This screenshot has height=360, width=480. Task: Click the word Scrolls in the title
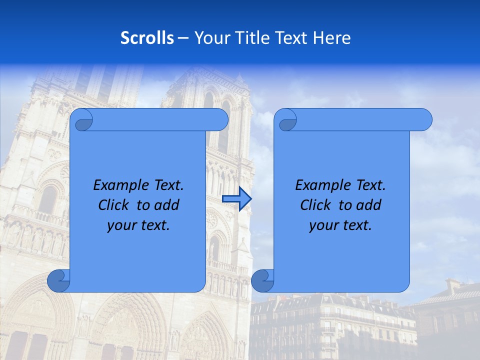[x=147, y=37]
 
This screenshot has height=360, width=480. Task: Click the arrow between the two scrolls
[x=236, y=199]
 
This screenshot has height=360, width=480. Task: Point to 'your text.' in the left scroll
[x=138, y=225]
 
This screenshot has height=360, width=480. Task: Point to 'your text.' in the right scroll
[x=340, y=225]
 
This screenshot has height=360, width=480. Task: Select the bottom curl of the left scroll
[x=58, y=281]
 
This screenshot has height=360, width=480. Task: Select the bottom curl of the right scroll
[x=262, y=281]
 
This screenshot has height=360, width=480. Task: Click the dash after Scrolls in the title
[x=183, y=37]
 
